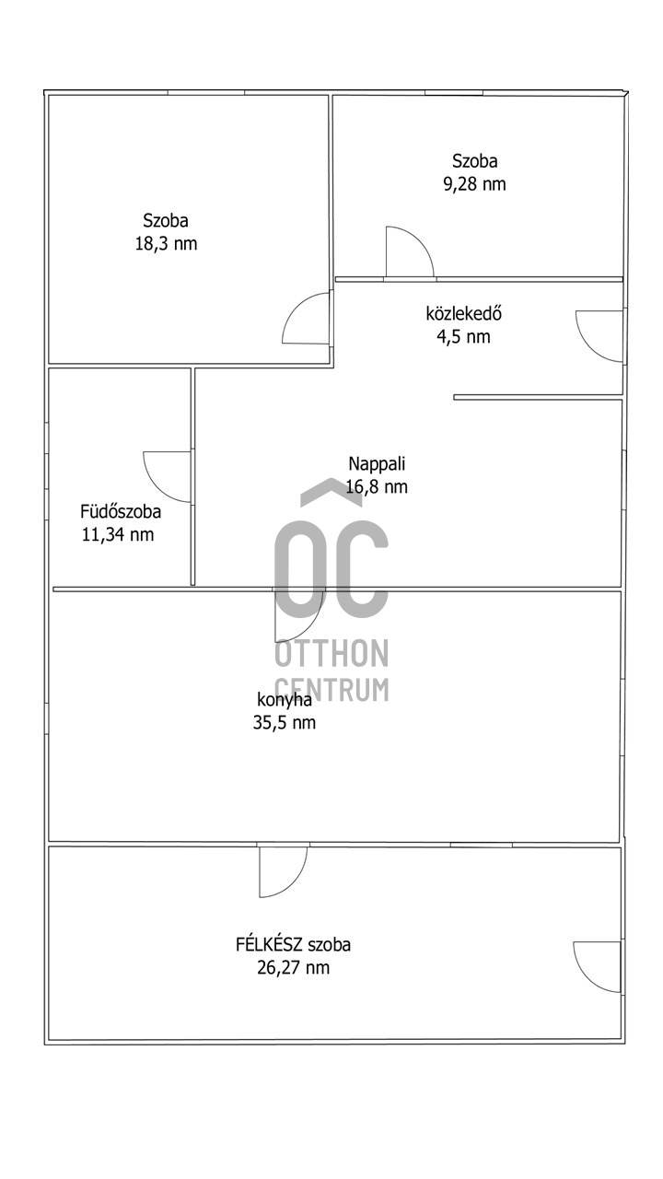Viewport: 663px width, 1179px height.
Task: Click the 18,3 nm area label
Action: pyautogui.click(x=167, y=244)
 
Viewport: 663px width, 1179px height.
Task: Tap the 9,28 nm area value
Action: pyautogui.click(x=474, y=185)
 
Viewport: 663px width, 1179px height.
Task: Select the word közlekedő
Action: pyautogui.click(x=463, y=314)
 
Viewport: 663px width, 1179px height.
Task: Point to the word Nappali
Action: pyautogui.click(x=377, y=464)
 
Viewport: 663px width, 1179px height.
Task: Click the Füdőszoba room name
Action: pyautogui.click(x=121, y=511)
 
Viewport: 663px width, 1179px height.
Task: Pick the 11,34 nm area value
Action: pyautogui.click(x=118, y=535)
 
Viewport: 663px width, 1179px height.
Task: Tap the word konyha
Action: pyautogui.click(x=285, y=701)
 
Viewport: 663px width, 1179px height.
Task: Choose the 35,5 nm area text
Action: pyautogui.click(x=285, y=723)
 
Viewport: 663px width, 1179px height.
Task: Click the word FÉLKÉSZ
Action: pyautogui.click(x=269, y=945)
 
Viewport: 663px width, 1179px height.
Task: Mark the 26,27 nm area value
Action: pyautogui.click(x=293, y=967)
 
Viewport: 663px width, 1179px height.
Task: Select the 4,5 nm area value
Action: pyautogui.click(x=463, y=336)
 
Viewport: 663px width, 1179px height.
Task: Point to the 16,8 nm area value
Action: pyautogui.click(x=377, y=487)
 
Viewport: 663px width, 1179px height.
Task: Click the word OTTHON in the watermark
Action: pyautogui.click(x=331, y=653)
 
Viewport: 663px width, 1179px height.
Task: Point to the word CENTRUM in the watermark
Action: pyautogui.click(x=331, y=689)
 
